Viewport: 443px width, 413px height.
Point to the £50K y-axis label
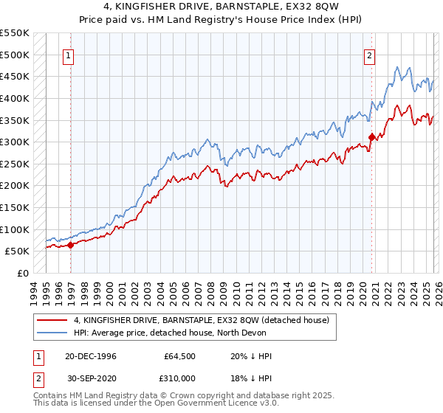click(17, 251)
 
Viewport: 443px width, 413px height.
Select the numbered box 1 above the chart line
click(68, 55)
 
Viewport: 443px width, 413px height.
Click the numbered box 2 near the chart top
click(368, 55)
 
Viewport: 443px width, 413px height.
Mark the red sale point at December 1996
click(71, 245)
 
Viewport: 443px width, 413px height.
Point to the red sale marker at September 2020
click(371, 136)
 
